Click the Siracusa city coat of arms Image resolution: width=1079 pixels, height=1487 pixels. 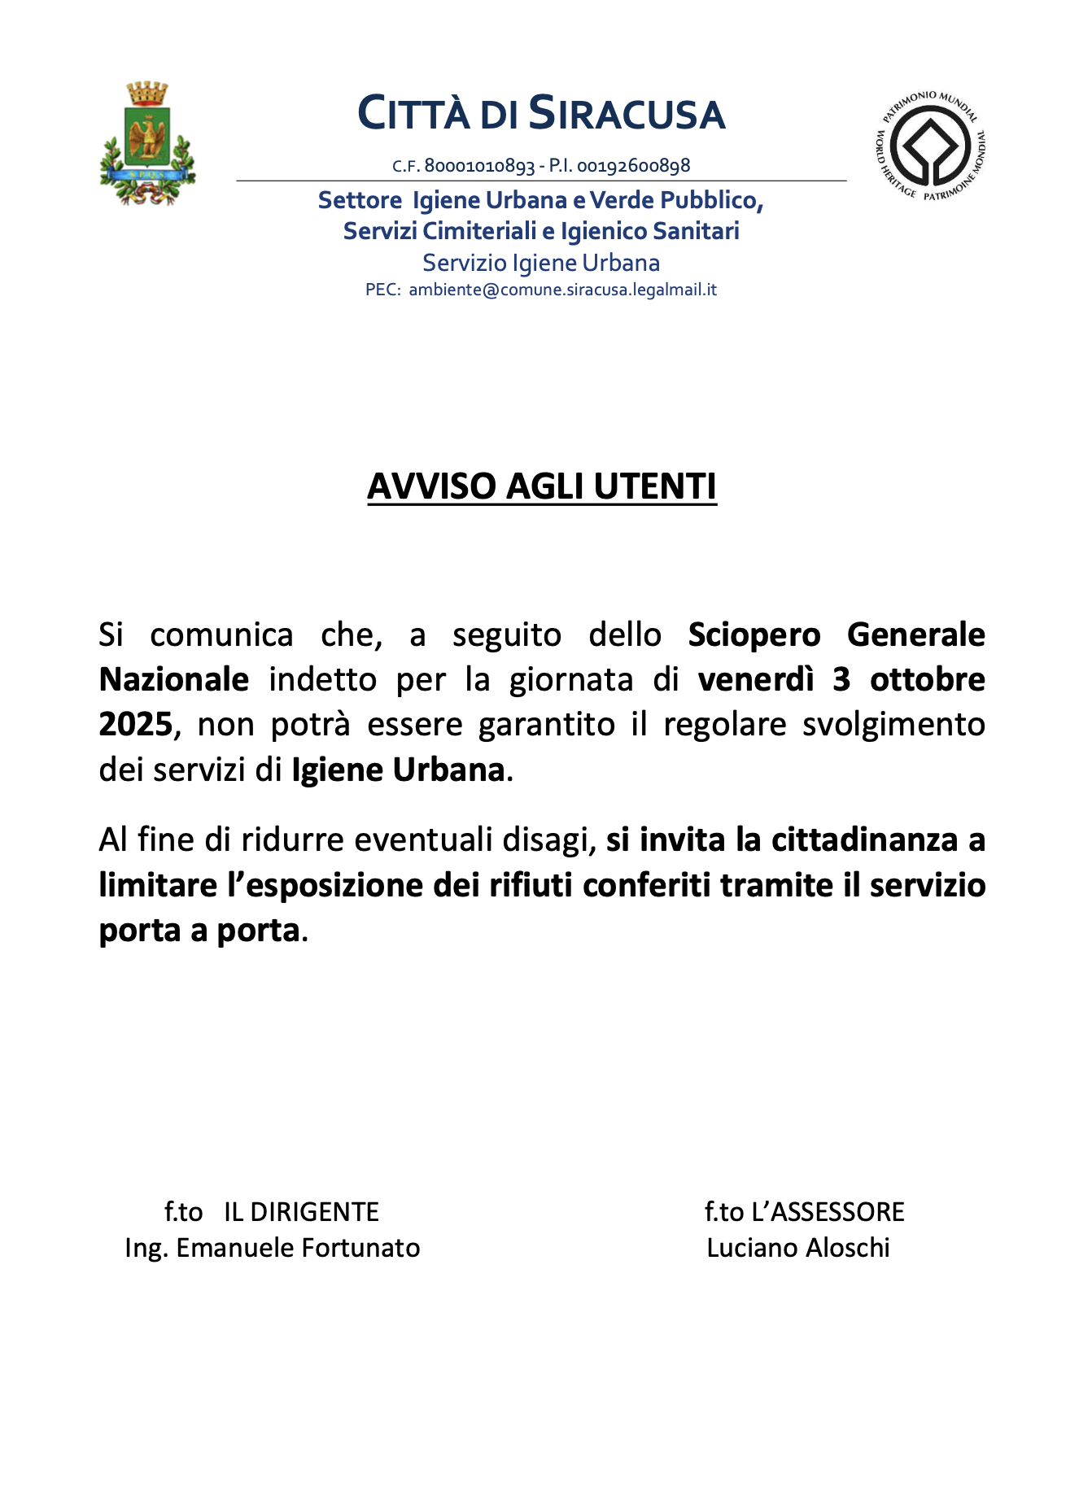click(147, 143)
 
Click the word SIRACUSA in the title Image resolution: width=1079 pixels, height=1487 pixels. click(627, 114)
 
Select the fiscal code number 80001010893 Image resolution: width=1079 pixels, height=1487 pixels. click(479, 166)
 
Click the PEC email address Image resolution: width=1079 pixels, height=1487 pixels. click(562, 290)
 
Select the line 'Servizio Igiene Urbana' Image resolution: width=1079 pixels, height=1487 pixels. click(541, 263)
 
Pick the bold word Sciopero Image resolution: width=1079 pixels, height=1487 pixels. click(754, 634)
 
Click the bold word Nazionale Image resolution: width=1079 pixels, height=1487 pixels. click(173, 679)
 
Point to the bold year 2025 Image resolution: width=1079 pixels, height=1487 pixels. click(136, 724)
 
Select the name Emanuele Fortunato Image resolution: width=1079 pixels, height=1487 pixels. click(298, 1248)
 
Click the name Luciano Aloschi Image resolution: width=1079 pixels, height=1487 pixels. click(798, 1248)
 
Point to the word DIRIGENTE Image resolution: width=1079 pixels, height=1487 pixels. click(301, 1212)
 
